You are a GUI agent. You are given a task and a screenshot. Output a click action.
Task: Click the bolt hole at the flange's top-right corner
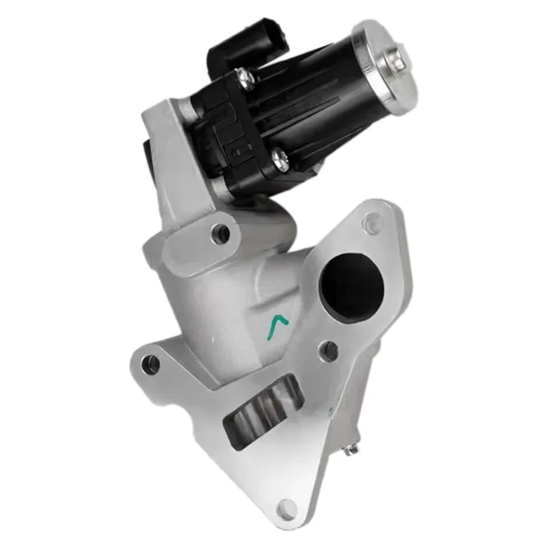pyautogui.click(x=373, y=221)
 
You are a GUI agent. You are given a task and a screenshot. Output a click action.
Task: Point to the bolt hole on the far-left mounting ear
pyautogui.click(x=151, y=364)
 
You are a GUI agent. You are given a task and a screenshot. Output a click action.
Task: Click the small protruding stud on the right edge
pyautogui.click(x=352, y=449)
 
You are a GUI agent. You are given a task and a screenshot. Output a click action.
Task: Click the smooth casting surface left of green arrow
pyautogui.click(x=226, y=309)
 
